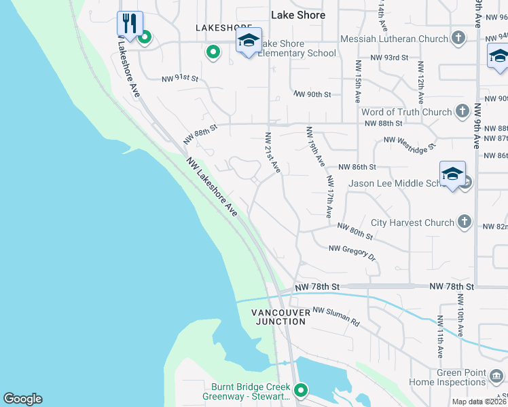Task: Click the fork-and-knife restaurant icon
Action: click(130, 22)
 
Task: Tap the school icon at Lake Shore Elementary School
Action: click(249, 41)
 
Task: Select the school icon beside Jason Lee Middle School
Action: click(452, 174)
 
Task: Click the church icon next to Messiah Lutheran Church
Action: click(459, 39)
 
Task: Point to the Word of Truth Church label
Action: click(406, 112)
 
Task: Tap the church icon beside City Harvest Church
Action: click(464, 222)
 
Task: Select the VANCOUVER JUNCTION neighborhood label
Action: click(280, 317)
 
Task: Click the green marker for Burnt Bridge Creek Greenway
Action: click(300, 390)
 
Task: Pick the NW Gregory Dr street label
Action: click(352, 252)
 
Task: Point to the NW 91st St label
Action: click(179, 79)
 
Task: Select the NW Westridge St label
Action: click(410, 142)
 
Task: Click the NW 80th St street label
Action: click(355, 232)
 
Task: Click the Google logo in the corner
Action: click(22, 399)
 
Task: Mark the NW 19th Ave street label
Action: click(316, 147)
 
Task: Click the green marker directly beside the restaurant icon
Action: click(144, 38)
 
